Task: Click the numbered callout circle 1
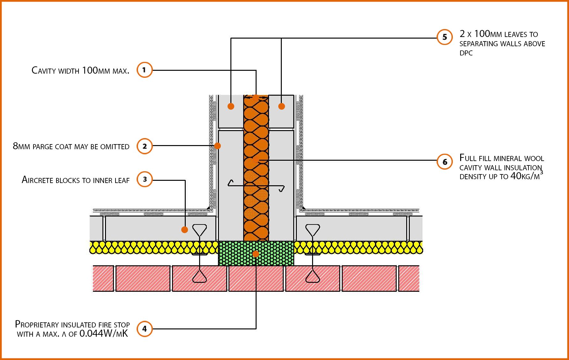click(145, 70)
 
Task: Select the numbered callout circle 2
click(145, 146)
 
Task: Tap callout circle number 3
click(145, 179)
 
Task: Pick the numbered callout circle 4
click(145, 329)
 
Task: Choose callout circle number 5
click(445, 37)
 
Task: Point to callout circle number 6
click(445, 162)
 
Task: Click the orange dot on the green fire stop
click(256, 254)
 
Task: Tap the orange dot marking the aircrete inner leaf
click(184, 230)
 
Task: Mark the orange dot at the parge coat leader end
click(218, 146)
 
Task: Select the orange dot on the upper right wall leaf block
click(281, 106)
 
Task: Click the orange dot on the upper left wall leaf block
click(231, 106)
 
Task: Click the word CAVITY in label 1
click(44, 70)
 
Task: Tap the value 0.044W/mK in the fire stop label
click(103, 334)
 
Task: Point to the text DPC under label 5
click(466, 53)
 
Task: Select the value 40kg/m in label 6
click(525, 176)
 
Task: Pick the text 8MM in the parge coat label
click(21, 146)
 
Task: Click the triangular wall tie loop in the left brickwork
click(199, 276)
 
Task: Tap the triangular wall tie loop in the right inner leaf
click(312, 230)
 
